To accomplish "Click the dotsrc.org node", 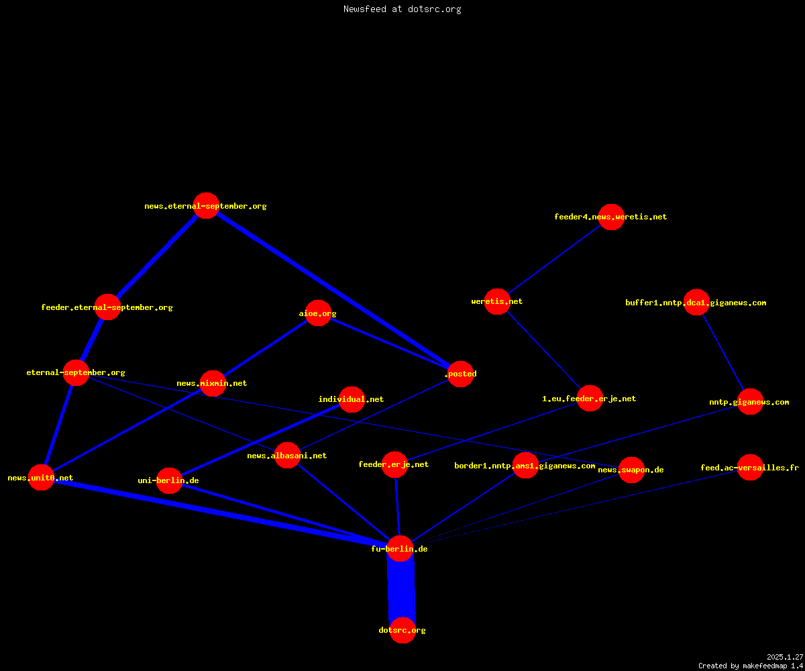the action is (x=402, y=630).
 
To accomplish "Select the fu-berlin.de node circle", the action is (x=400, y=548).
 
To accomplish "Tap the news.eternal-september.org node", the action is (x=206, y=205).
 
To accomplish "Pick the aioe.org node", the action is (x=318, y=313).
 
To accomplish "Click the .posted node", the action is (x=460, y=374).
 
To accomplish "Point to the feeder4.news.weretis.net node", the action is (x=611, y=217).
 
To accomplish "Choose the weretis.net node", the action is (x=497, y=301).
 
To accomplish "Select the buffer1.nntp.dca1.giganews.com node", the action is (x=696, y=303).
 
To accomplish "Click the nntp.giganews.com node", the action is (x=750, y=402).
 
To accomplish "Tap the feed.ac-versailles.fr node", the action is (x=750, y=468).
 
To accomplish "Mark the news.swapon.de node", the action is (x=631, y=470).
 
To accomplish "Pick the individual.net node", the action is (x=352, y=399).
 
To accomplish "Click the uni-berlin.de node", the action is (x=169, y=480).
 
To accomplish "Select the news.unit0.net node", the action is (x=41, y=477).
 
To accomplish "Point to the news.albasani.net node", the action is (x=287, y=456).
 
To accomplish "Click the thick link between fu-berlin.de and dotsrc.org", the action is (x=401, y=589).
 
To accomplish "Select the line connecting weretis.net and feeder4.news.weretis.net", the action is (x=554, y=259).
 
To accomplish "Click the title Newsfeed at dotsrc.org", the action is (x=402, y=9).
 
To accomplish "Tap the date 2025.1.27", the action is (x=785, y=657).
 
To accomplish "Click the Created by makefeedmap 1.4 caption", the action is (x=751, y=666).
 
